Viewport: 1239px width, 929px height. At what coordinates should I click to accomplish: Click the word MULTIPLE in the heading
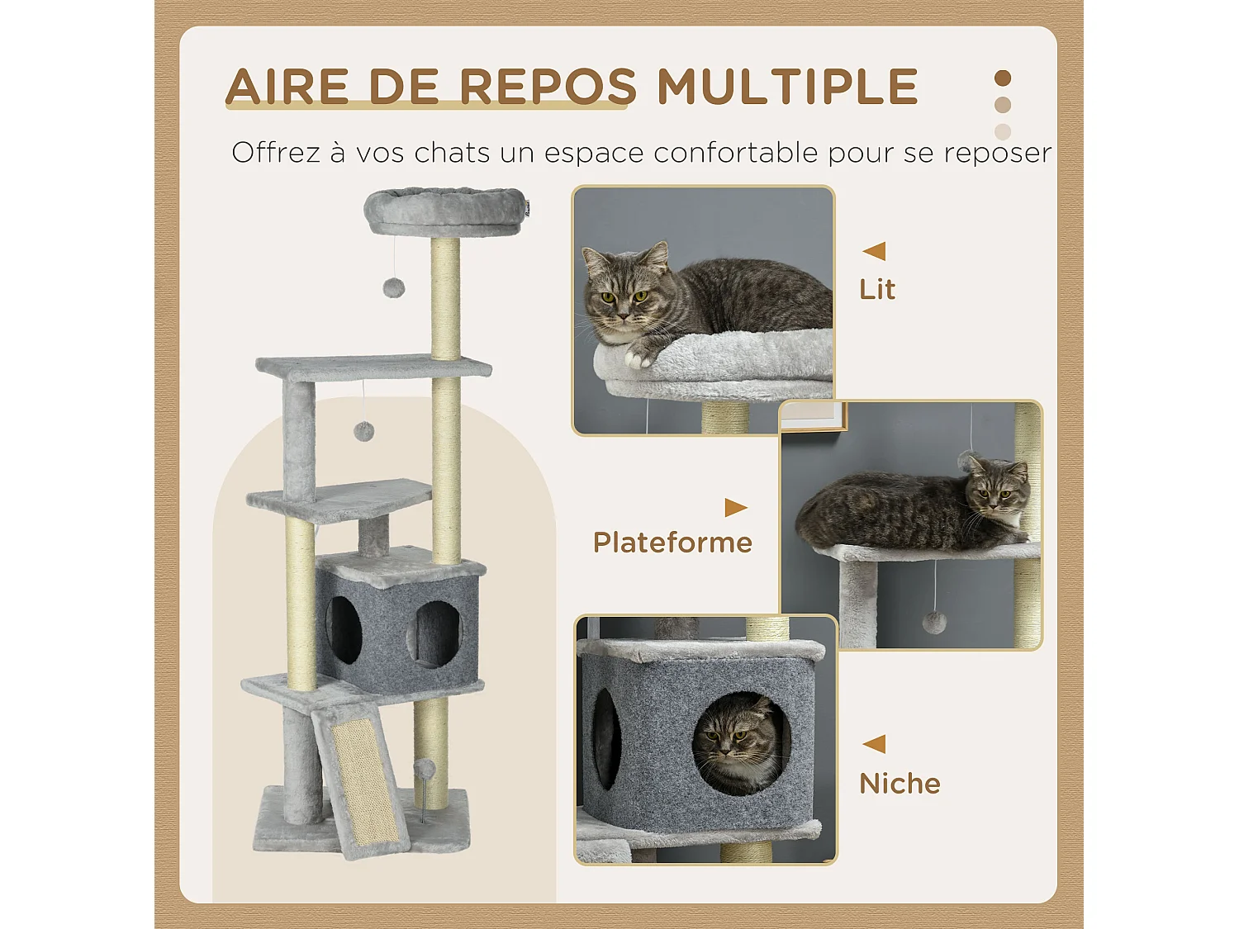(x=787, y=87)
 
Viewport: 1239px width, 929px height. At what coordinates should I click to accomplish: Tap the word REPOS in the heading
(x=548, y=87)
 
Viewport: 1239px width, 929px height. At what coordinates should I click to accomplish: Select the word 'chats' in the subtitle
(x=453, y=153)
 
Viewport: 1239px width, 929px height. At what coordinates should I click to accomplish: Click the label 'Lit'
(x=876, y=290)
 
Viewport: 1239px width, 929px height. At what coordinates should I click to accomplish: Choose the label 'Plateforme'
(x=672, y=543)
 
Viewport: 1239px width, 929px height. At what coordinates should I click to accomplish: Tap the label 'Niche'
(x=900, y=784)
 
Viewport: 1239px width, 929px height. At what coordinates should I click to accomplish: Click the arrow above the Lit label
(x=874, y=251)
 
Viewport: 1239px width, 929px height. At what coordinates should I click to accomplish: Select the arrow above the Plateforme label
(x=735, y=507)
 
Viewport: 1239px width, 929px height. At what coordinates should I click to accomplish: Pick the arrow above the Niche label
(x=874, y=744)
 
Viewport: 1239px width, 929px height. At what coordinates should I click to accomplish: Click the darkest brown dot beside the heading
(x=1003, y=78)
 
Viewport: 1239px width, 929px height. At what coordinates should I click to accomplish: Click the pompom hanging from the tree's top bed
(x=393, y=287)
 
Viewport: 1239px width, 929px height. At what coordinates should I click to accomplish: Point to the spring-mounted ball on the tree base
(x=424, y=770)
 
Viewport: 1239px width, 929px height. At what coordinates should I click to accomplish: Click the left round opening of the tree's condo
(x=344, y=629)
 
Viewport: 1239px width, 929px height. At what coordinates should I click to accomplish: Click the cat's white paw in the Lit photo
(x=637, y=358)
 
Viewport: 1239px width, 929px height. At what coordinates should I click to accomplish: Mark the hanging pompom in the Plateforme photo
(x=934, y=622)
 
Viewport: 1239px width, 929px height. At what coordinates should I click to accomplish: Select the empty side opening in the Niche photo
(x=606, y=740)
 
